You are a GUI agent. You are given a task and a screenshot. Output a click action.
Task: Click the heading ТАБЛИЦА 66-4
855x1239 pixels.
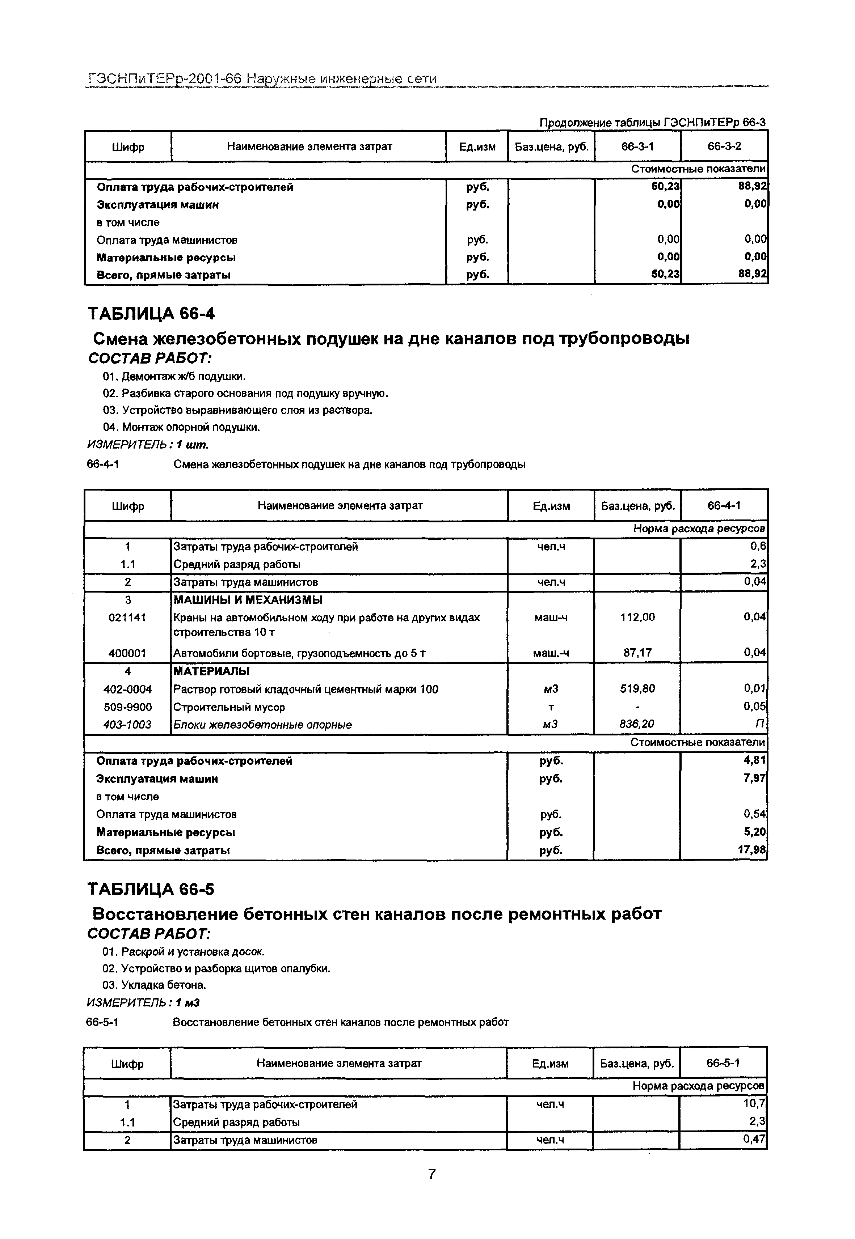[x=151, y=313]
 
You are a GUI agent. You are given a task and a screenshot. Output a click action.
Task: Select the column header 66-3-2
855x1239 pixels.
[x=724, y=146]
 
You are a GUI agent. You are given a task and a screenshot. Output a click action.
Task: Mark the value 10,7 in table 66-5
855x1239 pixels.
[x=757, y=1104]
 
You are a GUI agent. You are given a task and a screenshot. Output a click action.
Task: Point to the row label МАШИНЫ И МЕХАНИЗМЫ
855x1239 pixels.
[x=248, y=600]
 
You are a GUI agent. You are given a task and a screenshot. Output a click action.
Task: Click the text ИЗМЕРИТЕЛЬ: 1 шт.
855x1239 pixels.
[x=148, y=445]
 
